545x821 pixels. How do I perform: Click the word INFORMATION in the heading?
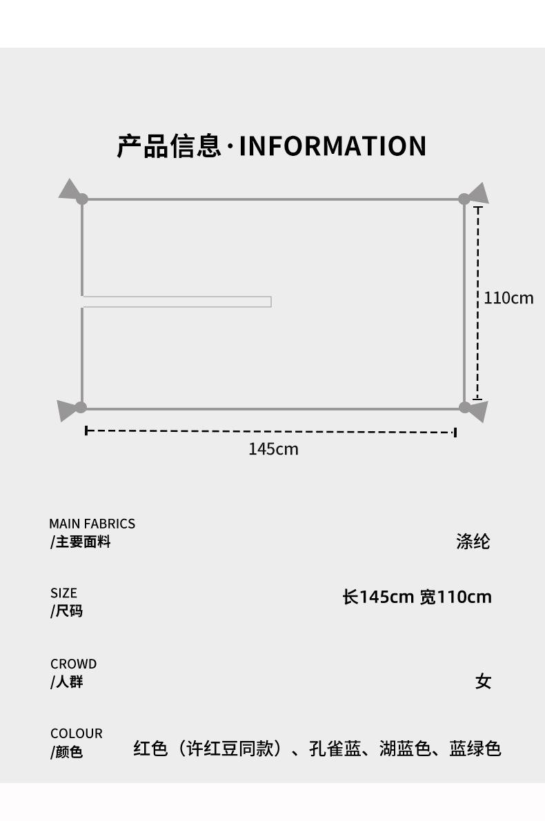pos(333,146)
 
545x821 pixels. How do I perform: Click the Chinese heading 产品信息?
pos(169,146)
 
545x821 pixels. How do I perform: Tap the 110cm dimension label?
pos(508,298)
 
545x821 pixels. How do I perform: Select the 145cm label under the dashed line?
pos(273,449)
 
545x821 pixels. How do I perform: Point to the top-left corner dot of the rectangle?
pos(82,199)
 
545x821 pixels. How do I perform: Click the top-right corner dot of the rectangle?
pos(464,199)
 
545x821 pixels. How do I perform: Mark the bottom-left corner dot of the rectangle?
pos(81,408)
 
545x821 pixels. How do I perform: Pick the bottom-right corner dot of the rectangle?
pos(465,408)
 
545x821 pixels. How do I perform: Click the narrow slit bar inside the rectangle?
pos(177,301)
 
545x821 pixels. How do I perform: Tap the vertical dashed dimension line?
pos(477,304)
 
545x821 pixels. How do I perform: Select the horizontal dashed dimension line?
pos(270,432)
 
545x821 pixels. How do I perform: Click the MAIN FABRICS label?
pos(92,524)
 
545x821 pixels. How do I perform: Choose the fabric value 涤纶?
pos(473,542)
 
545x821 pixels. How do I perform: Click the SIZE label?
pos(63,593)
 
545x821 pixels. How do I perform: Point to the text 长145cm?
pos(377,597)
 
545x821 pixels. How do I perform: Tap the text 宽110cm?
pos(455,597)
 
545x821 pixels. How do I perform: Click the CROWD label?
pos(73,664)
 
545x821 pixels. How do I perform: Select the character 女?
pos(483,682)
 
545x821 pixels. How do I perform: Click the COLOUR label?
pos(76,733)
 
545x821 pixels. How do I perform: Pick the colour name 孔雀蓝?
pos(335,749)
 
